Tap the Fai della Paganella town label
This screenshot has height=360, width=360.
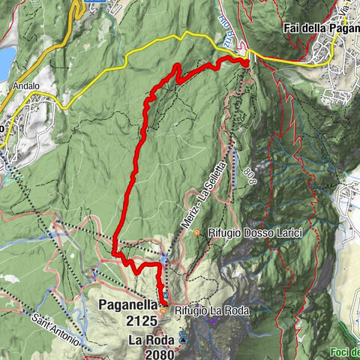pos(321,28)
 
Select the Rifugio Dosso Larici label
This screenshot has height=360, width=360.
pos(255,234)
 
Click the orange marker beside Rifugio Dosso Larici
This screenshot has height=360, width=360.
pos(197,233)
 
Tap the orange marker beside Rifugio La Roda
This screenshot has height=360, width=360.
pos(163,309)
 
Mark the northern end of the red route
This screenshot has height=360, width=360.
pos(247,63)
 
